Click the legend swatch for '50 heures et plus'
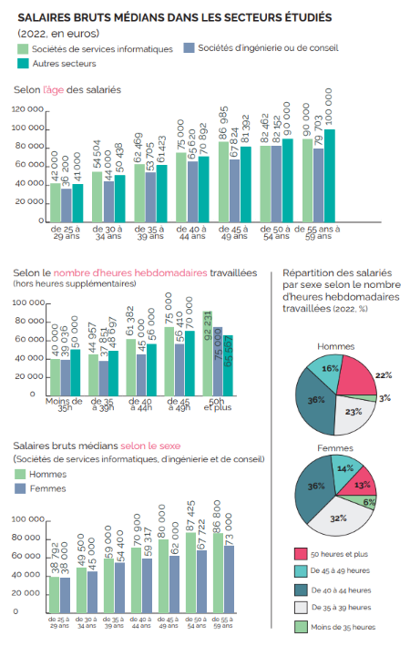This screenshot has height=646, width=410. click(300, 553)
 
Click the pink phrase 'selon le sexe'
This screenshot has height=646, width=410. click(150, 446)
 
